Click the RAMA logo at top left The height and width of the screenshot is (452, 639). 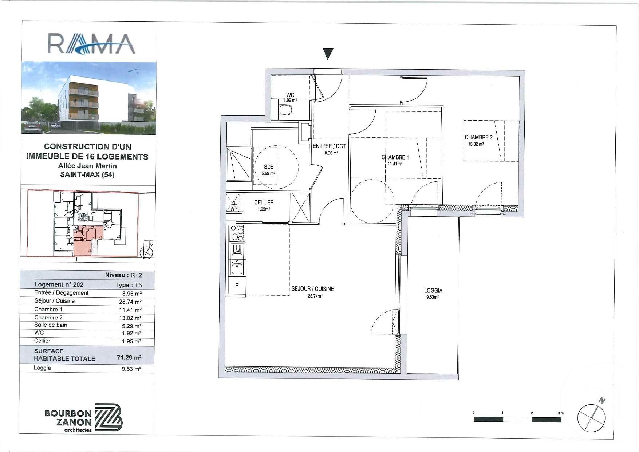tap(91, 44)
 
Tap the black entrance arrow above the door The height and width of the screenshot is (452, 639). tap(328, 54)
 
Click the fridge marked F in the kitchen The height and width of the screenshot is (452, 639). tap(237, 286)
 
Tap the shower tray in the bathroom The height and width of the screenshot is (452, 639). tap(239, 164)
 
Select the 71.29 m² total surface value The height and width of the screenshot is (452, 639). tap(129, 358)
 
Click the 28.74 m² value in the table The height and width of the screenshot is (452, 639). tap(130, 302)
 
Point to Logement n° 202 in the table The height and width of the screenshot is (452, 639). tap(59, 284)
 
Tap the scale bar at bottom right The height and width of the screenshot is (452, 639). tap(517, 420)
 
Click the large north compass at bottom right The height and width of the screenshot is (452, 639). tap(592, 418)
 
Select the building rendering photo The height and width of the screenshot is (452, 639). tap(89, 98)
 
